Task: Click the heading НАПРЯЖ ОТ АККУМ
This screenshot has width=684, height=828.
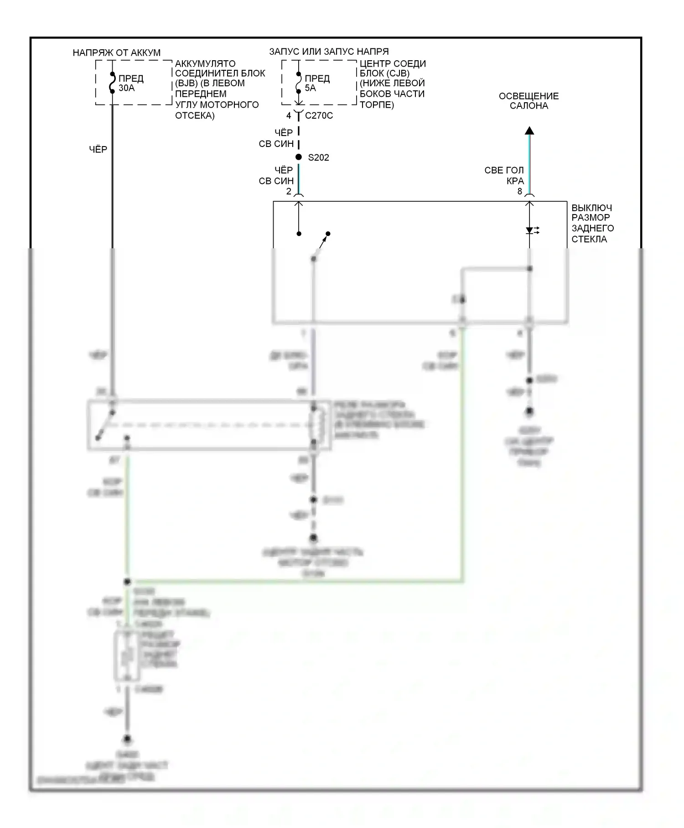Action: click(117, 53)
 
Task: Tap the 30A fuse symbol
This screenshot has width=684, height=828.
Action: click(112, 83)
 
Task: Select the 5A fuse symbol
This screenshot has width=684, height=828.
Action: click(299, 83)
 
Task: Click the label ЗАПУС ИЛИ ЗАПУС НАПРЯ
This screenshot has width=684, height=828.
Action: click(329, 52)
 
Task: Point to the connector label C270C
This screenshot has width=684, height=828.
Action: click(319, 116)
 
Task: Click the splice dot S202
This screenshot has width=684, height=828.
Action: click(299, 157)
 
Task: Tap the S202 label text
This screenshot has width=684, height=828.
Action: click(318, 157)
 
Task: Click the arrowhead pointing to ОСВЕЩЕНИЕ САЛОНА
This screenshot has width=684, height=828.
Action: click(529, 131)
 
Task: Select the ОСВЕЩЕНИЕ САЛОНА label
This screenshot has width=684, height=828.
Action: click(529, 101)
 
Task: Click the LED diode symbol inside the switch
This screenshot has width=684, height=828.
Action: click(530, 231)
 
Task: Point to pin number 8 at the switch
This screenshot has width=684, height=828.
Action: click(519, 192)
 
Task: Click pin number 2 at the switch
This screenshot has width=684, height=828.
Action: click(289, 192)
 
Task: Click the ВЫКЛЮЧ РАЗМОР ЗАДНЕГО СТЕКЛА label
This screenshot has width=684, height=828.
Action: click(592, 223)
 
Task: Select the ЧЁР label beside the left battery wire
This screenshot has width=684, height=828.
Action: click(98, 149)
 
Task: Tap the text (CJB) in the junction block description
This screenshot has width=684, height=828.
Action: click(398, 73)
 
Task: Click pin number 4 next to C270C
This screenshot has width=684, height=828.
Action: click(289, 116)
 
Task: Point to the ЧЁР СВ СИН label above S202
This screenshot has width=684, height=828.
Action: click(276, 138)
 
